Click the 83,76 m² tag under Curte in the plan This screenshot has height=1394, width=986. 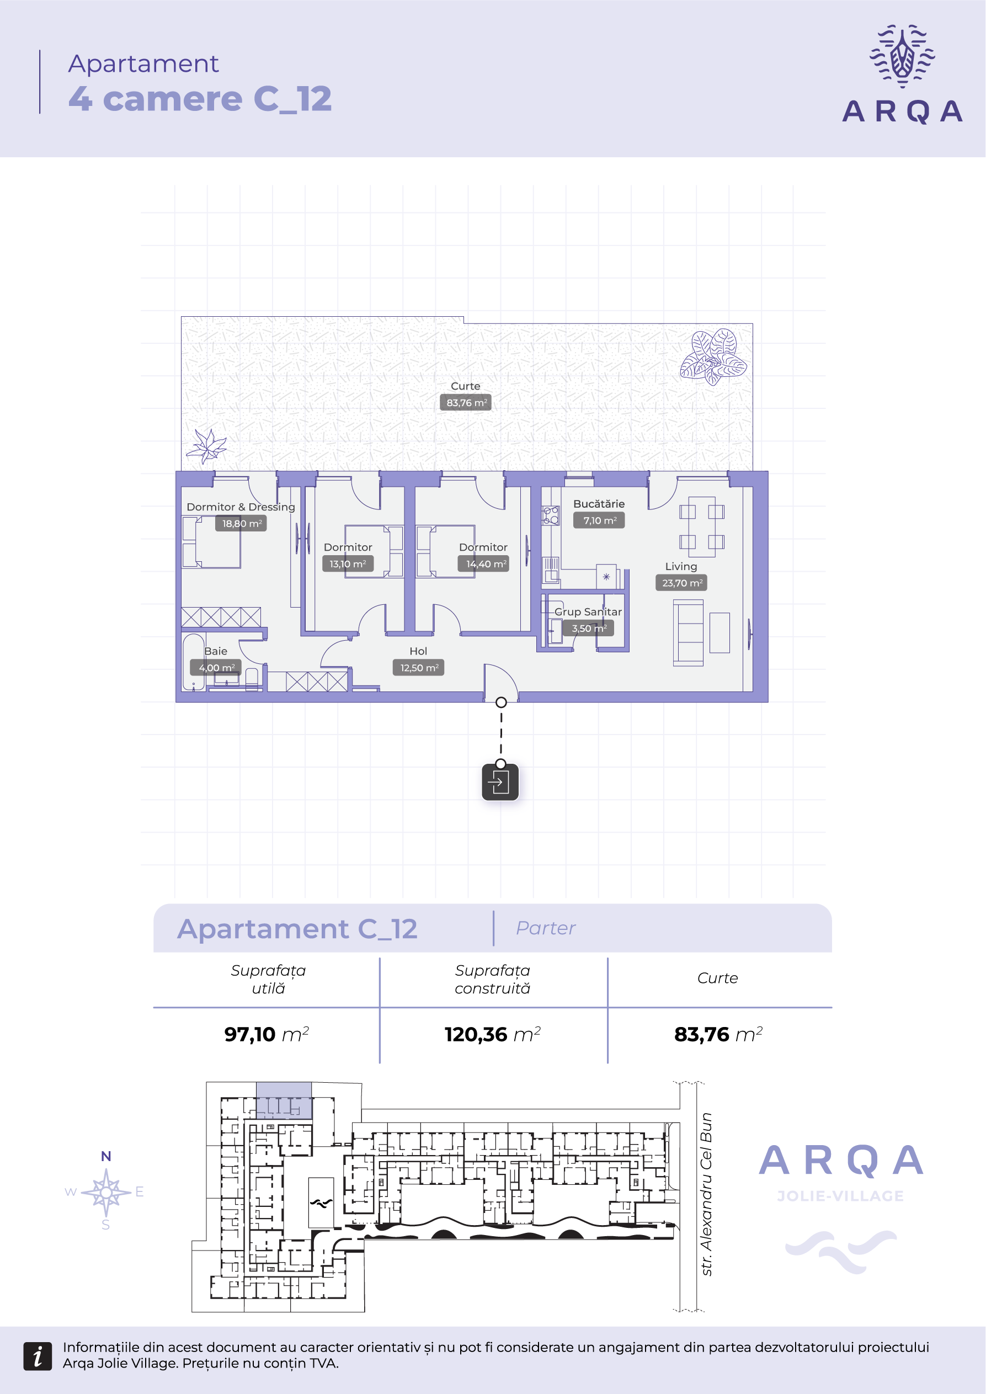(x=466, y=402)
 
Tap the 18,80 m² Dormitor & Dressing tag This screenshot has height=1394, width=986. (x=241, y=523)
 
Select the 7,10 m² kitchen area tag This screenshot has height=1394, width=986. (x=599, y=520)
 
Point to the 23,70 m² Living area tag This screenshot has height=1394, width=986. (x=681, y=583)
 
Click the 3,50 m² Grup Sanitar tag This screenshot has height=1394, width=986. (x=588, y=629)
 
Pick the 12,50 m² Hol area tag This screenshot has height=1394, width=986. (x=418, y=668)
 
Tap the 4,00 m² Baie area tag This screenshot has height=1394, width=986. (x=216, y=668)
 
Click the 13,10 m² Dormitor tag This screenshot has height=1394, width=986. (x=348, y=564)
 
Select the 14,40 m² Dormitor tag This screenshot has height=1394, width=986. (x=483, y=564)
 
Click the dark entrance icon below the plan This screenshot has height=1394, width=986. (x=500, y=782)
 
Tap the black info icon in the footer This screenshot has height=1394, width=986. (x=37, y=1356)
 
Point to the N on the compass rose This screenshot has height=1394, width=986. (x=106, y=1156)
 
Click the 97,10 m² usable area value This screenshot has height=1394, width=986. (x=267, y=1034)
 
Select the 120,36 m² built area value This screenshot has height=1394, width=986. (x=492, y=1034)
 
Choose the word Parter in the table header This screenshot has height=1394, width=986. (x=546, y=928)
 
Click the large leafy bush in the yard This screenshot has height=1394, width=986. (x=713, y=357)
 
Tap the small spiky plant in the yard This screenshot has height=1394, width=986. (x=206, y=446)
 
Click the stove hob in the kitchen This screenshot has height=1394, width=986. (x=551, y=515)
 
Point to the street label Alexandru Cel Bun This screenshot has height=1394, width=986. (x=706, y=1194)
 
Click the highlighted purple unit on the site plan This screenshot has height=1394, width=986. (x=284, y=1100)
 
